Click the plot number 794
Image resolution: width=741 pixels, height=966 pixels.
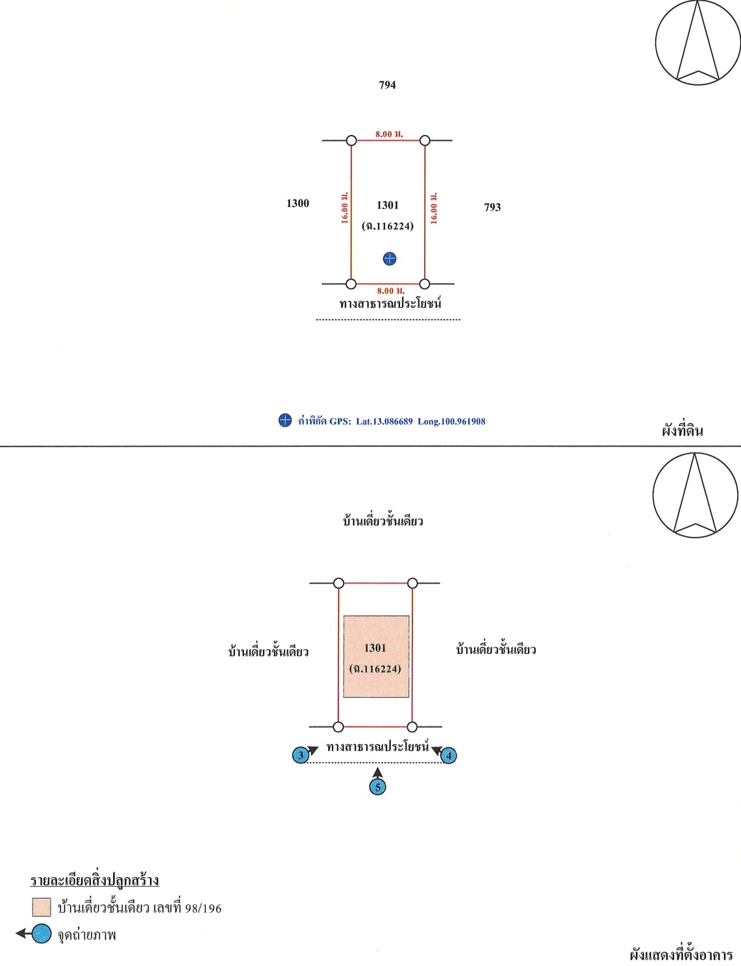click(387, 85)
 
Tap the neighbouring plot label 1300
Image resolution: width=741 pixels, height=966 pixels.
click(297, 204)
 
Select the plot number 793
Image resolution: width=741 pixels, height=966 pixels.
click(492, 208)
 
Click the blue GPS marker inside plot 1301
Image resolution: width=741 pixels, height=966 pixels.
click(390, 259)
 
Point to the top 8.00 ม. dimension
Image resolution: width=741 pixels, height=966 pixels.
click(388, 134)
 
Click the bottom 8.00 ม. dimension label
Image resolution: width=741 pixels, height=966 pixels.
click(390, 291)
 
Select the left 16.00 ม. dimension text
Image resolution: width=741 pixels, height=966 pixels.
click(345, 208)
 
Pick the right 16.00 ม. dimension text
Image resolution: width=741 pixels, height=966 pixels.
click(434, 208)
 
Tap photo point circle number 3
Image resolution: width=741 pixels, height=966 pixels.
click(301, 756)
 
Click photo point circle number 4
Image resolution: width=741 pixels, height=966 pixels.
click(448, 756)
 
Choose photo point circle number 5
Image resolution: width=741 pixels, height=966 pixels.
click(377, 787)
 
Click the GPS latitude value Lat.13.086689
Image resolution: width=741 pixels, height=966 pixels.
click(384, 421)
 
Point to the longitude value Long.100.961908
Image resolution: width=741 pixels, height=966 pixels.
click(451, 421)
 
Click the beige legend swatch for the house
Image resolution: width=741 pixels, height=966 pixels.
click(42, 907)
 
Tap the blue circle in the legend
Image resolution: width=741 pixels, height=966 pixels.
click(42, 934)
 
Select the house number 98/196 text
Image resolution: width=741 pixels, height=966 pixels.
click(203, 908)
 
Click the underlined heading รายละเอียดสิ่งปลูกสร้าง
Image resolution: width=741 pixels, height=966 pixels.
click(95, 880)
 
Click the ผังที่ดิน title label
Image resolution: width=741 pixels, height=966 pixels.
click(683, 430)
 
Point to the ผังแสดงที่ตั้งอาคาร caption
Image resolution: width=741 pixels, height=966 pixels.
click(681, 955)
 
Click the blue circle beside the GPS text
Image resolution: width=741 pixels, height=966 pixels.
click(285, 421)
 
